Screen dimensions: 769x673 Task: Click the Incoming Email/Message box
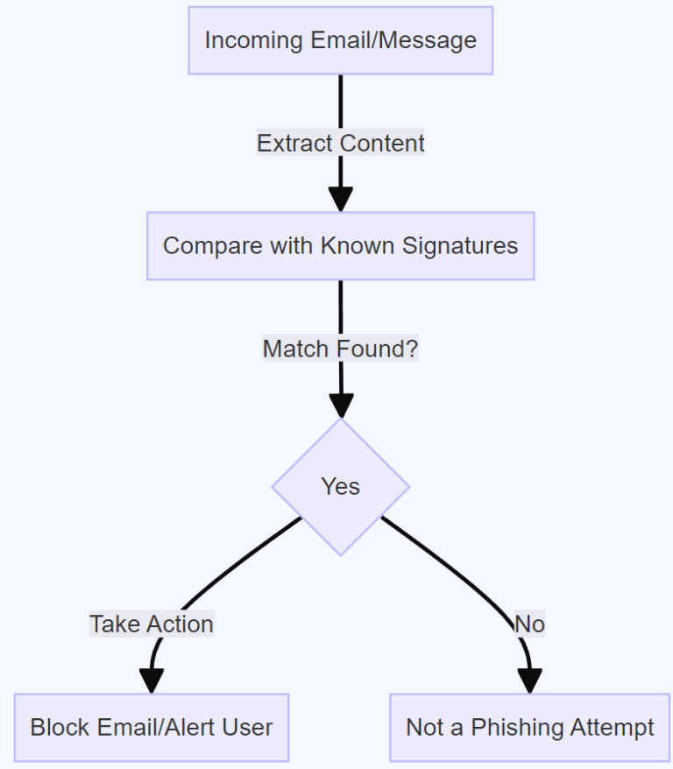pos(340,40)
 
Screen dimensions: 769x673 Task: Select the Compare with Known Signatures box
pos(340,246)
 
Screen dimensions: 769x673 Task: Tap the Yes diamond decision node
pos(340,487)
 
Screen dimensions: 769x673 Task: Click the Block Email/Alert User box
pos(151,727)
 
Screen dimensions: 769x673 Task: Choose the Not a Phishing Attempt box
pos(529,727)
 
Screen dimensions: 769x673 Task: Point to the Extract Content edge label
pos(340,144)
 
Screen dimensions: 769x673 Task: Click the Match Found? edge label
pos(340,349)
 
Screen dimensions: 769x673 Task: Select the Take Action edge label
pos(152,624)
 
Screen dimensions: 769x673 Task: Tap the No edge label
pos(529,624)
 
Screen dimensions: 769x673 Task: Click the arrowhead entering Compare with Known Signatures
pos(340,199)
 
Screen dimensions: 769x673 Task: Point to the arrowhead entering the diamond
pos(340,406)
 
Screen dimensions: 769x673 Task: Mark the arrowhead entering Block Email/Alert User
pos(152,681)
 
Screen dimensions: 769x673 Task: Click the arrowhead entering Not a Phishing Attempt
pos(529,681)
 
